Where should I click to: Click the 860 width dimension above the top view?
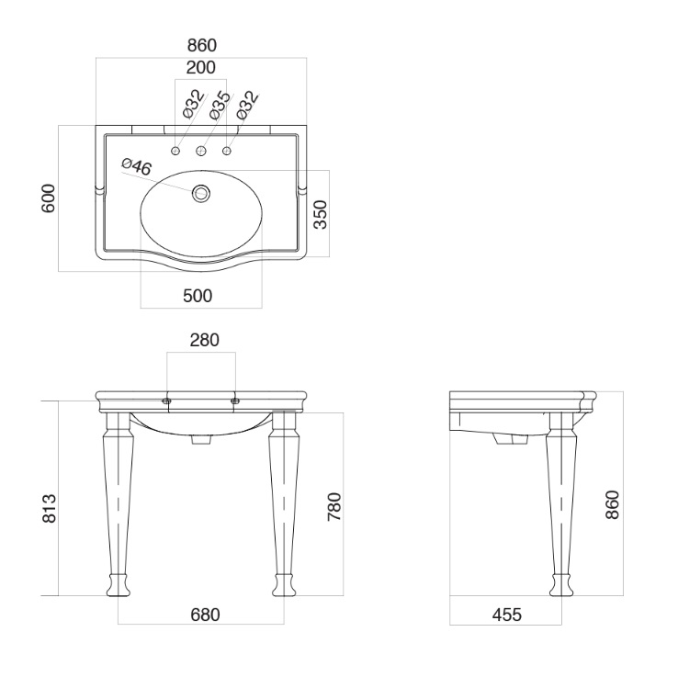tap(201, 45)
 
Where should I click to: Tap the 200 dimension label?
tap(200, 67)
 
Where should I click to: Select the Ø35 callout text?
tap(220, 105)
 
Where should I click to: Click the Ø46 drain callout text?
tap(137, 166)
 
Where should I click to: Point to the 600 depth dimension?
tap(49, 198)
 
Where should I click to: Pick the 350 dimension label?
tap(321, 214)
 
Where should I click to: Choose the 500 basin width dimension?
tap(198, 296)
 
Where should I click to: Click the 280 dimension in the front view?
tap(205, 340)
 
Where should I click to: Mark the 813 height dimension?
tap(50, 509)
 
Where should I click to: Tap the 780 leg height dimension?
tap(334, 507)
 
